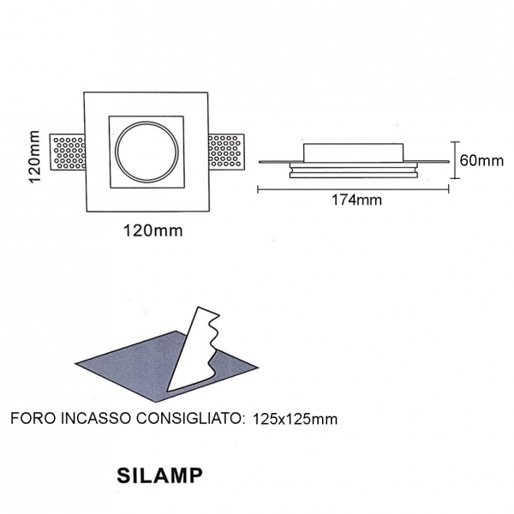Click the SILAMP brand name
(x=159, y=475)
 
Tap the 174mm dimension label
(x=357, y=200)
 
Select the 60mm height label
(x=481, y=160)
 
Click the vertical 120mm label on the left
(x=34, y=157)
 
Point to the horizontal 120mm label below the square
(x=152, y=230)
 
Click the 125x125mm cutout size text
(x=295, y=419)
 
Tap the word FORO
(x=33, y=419)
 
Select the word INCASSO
(x=95, y=419)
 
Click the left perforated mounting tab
(x=68, y=152)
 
